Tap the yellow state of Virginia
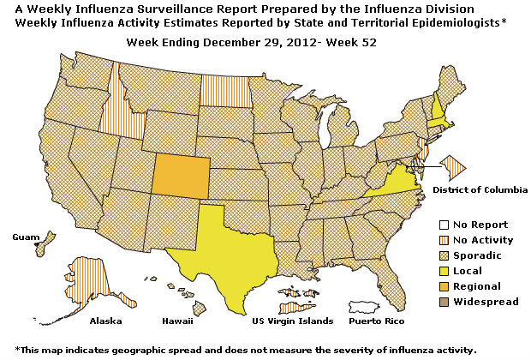click(390, 184)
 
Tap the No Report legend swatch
click(436, 225)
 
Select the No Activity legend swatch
click(436, 240)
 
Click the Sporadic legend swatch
click(436, 255)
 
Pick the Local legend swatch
click(436, 271)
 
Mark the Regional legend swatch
click(436, 286)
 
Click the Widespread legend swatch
click(436, 302)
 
